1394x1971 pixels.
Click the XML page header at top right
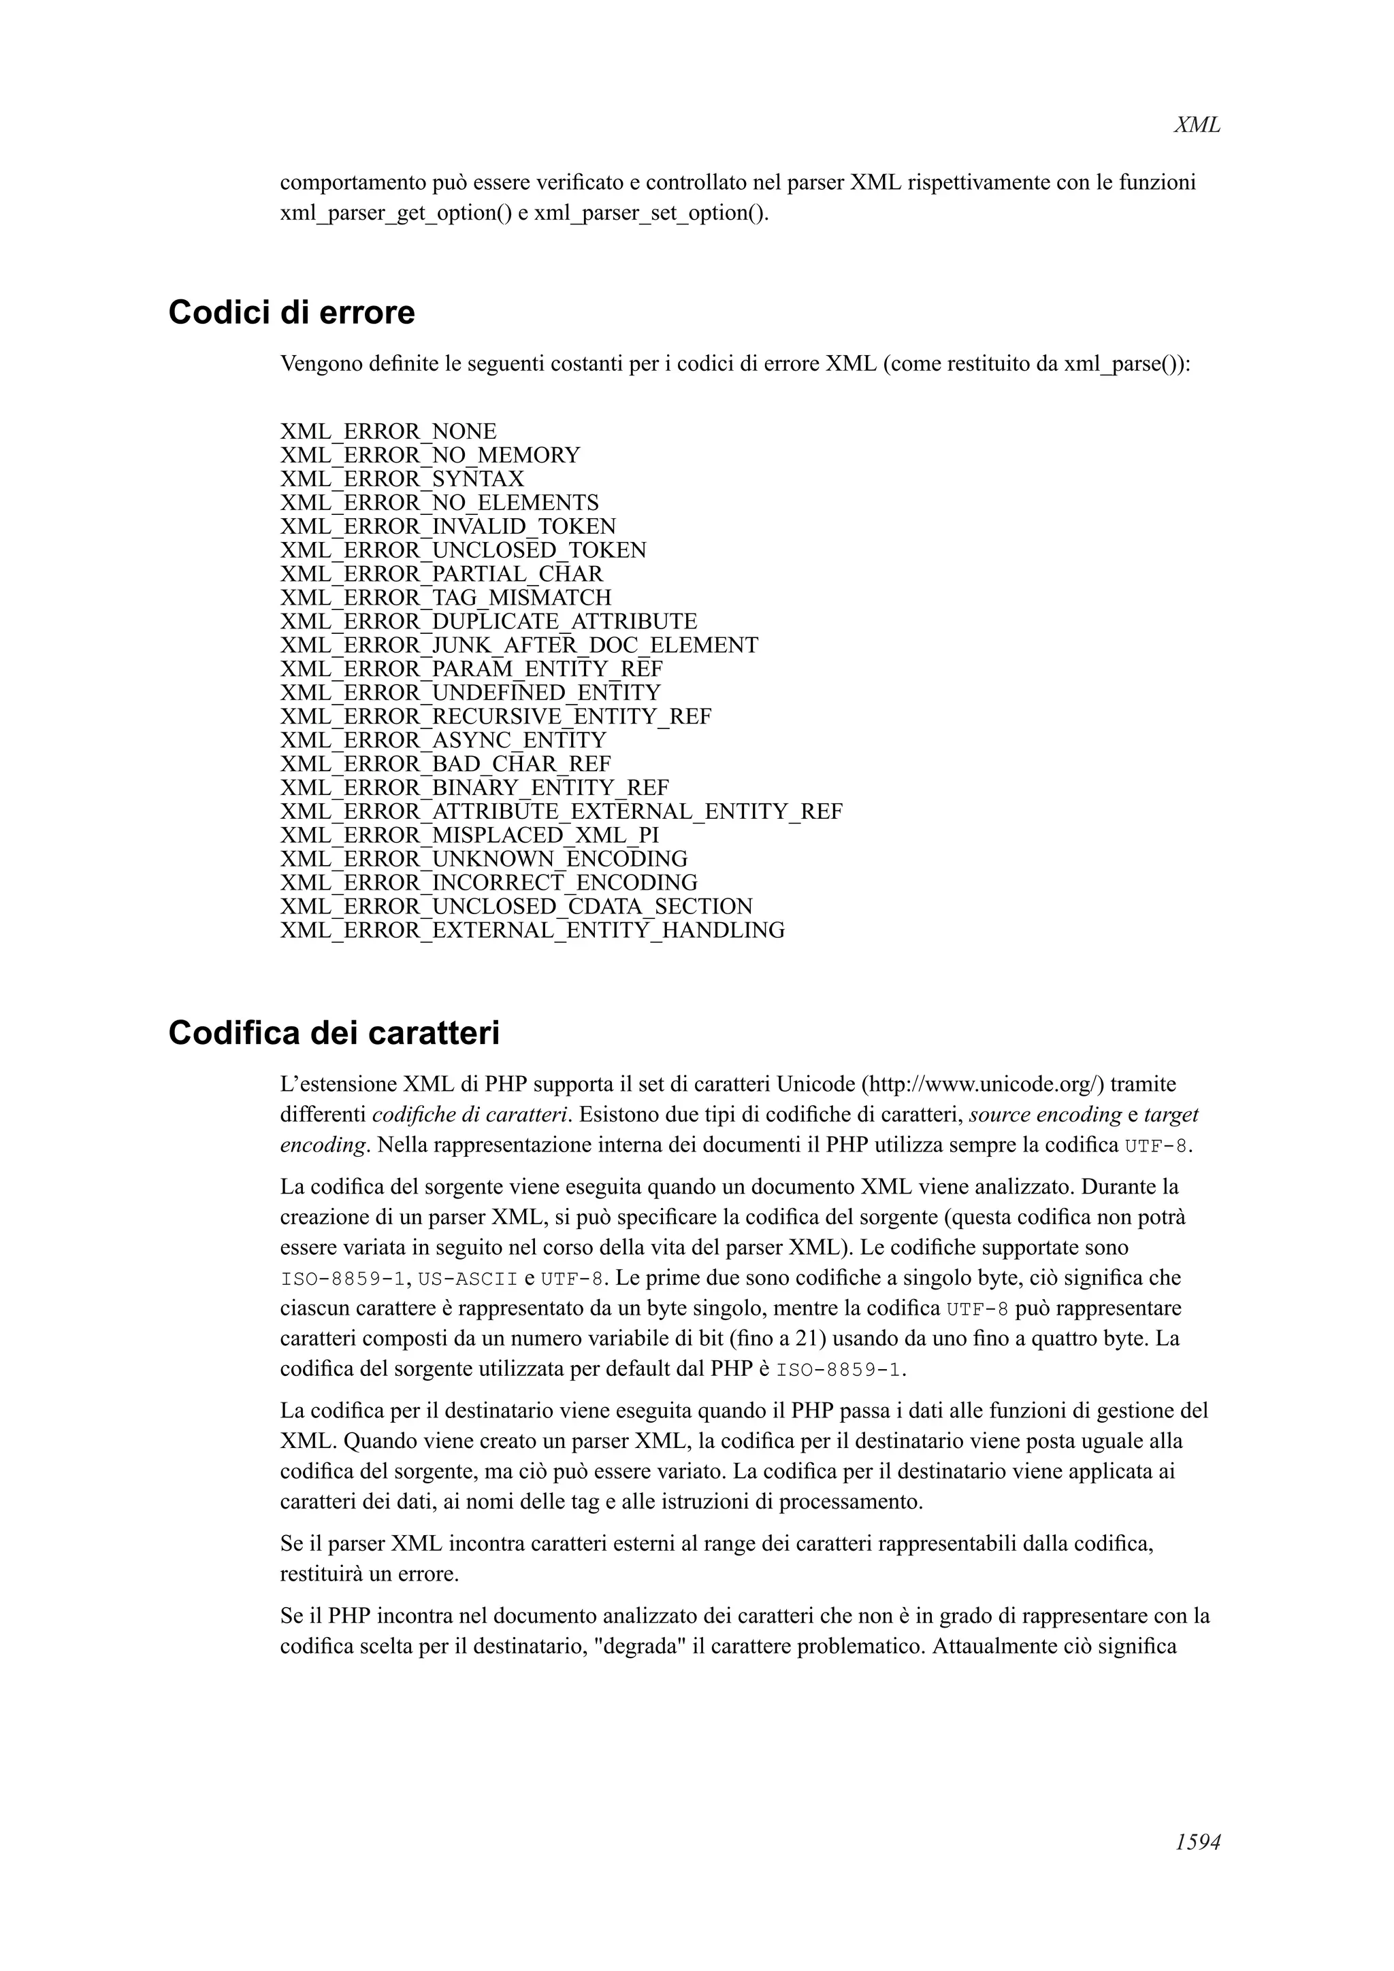click(1196, 125)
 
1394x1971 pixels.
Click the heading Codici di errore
click(291, 312)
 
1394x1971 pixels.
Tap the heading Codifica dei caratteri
click(334, 1032)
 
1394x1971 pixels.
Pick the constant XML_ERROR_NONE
click(388, 431)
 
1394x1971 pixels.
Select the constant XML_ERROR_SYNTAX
click(401, 478)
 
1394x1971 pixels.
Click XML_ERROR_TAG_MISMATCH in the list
click(446, 597)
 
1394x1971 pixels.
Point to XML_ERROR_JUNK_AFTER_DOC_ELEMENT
click(519, 645)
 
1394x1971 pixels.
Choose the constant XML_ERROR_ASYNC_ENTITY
click(442, 740)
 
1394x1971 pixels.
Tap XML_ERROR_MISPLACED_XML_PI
click(469, 835)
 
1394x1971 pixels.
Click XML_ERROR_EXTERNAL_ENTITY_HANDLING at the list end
click(532, 930)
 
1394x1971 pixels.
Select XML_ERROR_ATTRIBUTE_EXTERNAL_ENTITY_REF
click(561, 811)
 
